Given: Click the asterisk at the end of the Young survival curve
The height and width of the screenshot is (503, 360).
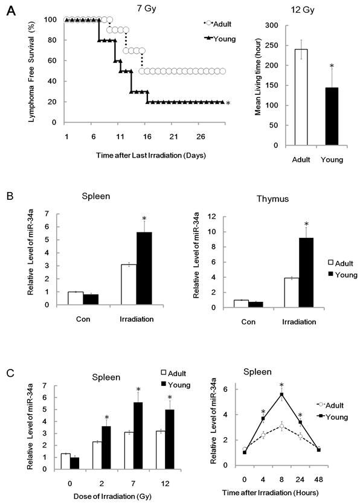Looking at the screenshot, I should pos(228,104).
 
